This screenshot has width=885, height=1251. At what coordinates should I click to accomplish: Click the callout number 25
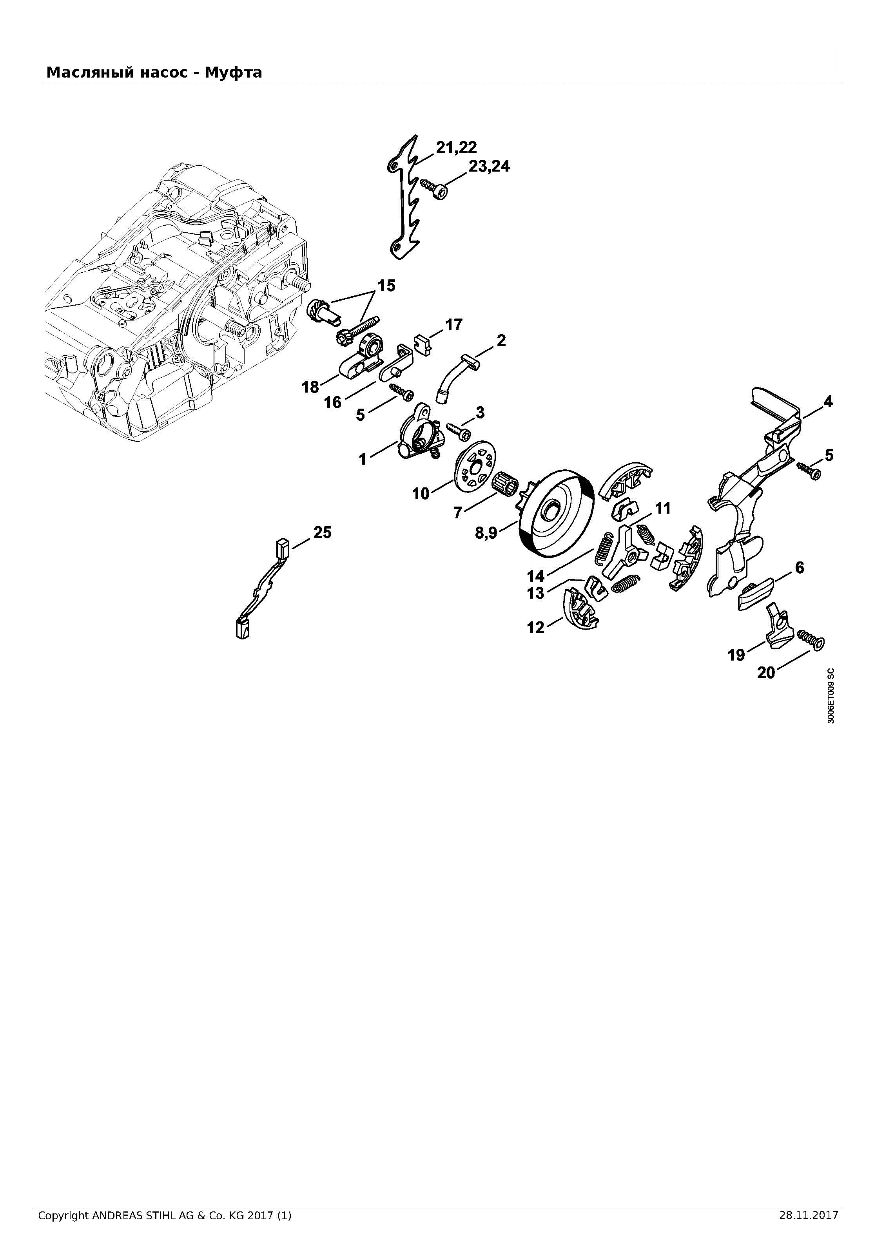[323, 532]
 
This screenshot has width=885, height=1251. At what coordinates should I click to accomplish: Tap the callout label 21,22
[456, 147]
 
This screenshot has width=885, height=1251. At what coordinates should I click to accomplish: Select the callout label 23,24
[490, 166]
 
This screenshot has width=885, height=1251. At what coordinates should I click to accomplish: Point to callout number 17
[453, 325]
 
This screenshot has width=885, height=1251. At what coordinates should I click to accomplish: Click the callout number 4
[828, 402]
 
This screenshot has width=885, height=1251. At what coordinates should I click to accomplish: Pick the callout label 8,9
[486, 533]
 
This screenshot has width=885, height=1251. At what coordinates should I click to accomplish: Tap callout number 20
[766, 673]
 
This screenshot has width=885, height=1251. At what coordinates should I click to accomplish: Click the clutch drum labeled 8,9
[555, 513]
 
